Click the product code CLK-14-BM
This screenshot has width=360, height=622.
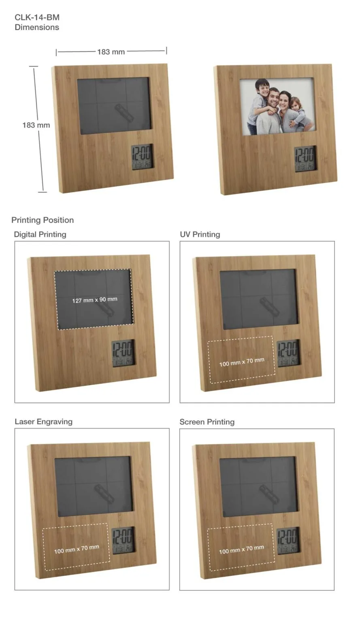click(x=37, y=17)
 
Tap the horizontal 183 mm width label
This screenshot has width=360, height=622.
click(x=111, y=52)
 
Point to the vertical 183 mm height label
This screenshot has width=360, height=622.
click(x=36, y=125)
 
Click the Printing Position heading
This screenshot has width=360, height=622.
click(x=43, y=220)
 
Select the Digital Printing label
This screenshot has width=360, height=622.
click(x=40, y=234)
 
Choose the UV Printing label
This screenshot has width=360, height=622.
click(x=200, y=234)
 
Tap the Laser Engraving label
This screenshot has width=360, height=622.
click(x=44, y=422)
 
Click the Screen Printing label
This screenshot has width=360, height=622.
click(x=207, y=422)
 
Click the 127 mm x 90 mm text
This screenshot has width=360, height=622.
click(x=95, y=300)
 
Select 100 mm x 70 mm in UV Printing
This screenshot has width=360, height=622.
click(x=242, y=362)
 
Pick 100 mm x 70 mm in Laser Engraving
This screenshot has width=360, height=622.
click(x=77, y=549)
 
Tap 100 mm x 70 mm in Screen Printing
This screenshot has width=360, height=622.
click(x=241, y=550)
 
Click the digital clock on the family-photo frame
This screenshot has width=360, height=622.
click(x=305, y=159)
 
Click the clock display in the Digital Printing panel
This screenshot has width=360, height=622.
click(x=124, y=353)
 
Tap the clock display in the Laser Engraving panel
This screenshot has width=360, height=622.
click(x=124, y=540)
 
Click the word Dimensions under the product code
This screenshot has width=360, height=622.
click(x=37, y=27)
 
